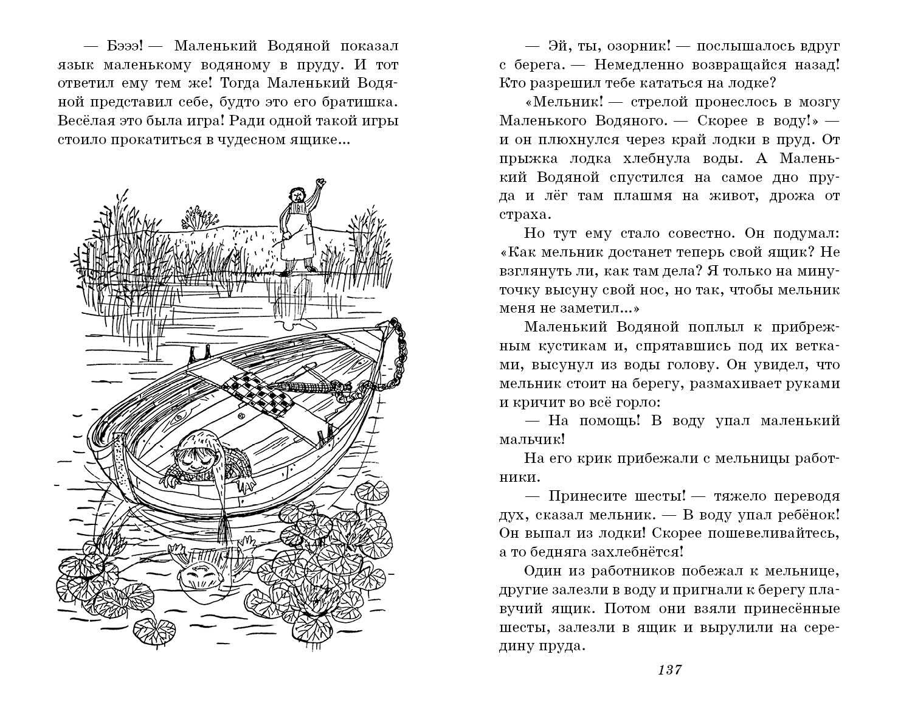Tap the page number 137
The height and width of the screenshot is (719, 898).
(x=669, y=669)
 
